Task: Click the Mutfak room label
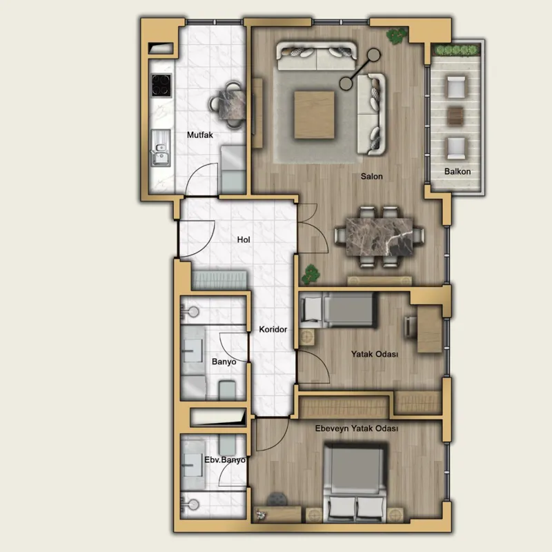pos(200,135)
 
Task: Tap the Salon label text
pos(371,176)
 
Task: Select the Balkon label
pos(457,171)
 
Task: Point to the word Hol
pos(244,239)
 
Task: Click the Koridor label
pos(273,329)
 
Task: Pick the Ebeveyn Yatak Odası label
pos(357,428)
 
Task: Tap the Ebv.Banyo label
pos(225,460)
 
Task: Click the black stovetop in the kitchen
pos(161,85)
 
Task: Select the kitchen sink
pos(161,148)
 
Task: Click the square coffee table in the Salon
pos(315,115)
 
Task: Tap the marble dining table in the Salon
pos(379,237)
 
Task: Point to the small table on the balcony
pos(455,116)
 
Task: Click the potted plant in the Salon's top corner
pos(396,36)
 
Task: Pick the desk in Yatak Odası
pos(429,329)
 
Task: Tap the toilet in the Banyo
pos(227,391)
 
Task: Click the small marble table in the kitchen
pos(232,105)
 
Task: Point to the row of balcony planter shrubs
pos(456,50)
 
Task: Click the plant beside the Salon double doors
pos(310,274)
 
